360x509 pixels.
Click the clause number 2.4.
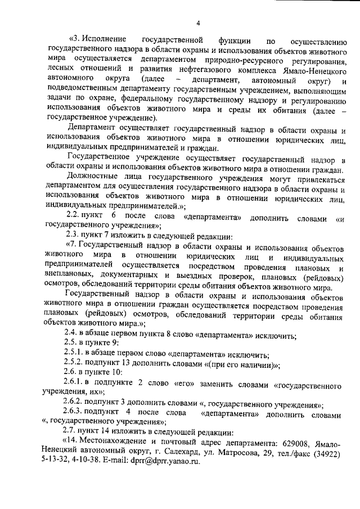(x=74, y=336)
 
